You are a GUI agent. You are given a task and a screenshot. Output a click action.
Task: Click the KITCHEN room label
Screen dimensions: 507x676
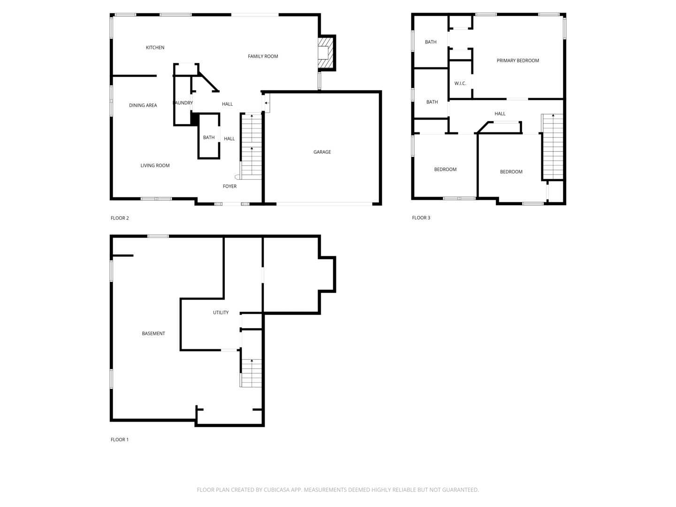[155, 47]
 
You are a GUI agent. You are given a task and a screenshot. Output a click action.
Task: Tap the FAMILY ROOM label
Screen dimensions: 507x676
[263, 56]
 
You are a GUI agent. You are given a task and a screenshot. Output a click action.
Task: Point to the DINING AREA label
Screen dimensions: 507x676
[143, 105]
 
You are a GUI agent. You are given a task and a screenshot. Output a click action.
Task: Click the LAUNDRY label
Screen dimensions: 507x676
[183, 103]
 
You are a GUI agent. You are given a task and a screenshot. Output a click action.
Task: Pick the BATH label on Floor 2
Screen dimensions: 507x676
[208, 138]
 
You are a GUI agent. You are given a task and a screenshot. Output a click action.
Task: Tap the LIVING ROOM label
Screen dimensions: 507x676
[155, 165]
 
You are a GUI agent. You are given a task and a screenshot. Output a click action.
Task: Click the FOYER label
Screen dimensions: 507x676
[230, 186]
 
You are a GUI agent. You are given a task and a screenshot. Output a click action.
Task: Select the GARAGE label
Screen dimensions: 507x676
[322, 152]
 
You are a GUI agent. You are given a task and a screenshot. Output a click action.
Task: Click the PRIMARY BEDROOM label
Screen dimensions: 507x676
[518, 61]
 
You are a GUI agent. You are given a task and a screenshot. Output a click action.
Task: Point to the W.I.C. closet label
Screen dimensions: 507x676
[460, 84]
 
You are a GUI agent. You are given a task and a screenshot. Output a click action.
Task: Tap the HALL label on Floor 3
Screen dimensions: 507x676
[500, 114]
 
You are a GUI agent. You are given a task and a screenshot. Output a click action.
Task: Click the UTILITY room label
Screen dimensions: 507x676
[221, 313]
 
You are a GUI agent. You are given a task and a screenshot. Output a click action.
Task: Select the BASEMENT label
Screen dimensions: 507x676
[154, 334]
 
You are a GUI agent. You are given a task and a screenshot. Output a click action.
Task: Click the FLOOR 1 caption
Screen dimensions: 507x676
[119, 440]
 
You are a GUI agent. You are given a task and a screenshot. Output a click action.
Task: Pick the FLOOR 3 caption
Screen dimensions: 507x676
[421, 218]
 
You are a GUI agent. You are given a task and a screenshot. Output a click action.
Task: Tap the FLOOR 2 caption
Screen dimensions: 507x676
[119, 218]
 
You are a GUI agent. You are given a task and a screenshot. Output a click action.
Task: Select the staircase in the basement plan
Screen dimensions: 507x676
[251, 373]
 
